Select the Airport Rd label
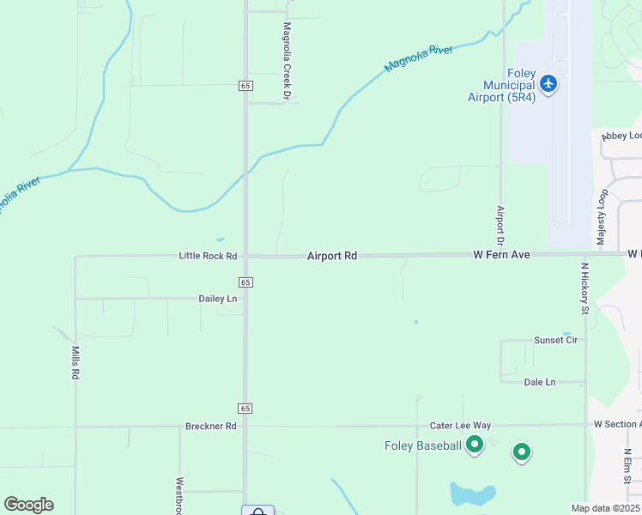[x=331, y=256]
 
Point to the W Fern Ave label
[x=503, y=255]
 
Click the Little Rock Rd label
[x=208, y=256]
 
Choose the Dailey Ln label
[x=219, y=299]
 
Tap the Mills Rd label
[x=76, y=363]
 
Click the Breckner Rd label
[x=210, y=426]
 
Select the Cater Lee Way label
[x=460, y=426]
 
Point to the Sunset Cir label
[x=555, y=340]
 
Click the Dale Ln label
[x=540, y=382]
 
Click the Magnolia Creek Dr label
[x=288, y=50]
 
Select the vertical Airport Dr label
[x=500, y=222]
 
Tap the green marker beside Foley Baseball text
[x=475, y=445]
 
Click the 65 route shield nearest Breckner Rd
[x=245, y=408]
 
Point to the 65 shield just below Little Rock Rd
[x=245, y=282]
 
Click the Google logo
[x=28, y=505]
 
